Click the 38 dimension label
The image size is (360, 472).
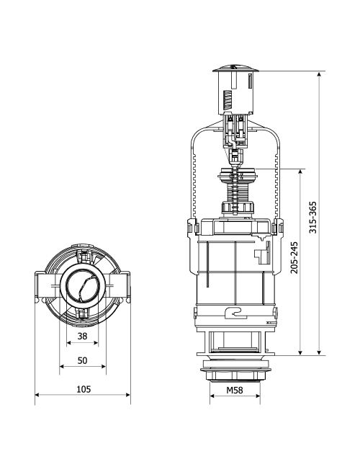82,336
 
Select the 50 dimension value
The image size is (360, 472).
82,360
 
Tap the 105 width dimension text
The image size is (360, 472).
84,389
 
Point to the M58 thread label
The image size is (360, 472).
235,390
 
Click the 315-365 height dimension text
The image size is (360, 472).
313,217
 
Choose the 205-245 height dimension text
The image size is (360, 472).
294,257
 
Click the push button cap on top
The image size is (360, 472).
235,68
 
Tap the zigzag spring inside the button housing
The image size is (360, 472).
228,100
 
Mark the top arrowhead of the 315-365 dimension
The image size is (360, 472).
320,74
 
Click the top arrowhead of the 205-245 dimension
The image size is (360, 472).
300,172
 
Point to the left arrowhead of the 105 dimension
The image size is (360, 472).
38,395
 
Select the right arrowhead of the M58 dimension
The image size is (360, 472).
258,396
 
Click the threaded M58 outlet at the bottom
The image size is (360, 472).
235,375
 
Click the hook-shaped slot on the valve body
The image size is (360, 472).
235,313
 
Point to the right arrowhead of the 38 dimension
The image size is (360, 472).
96,342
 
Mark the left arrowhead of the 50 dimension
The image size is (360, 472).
63,366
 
